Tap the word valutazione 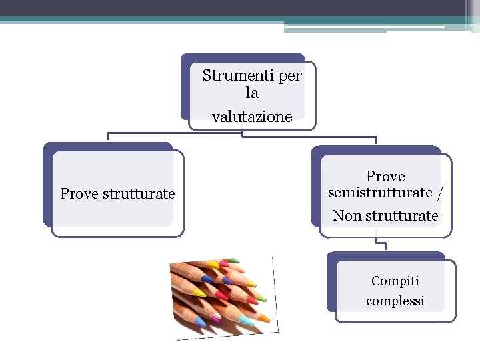(252, 117)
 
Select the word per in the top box (290, 76)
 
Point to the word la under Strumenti (252, 93)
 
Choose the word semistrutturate (380, 193)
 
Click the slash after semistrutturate (439, 193)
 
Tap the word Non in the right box (347, 216)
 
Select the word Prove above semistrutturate (385, 177)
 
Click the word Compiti (395, 281)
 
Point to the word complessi (395, 301)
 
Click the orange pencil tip (265, 318)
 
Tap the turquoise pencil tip (245, 322)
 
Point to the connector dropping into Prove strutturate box (109, 137)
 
